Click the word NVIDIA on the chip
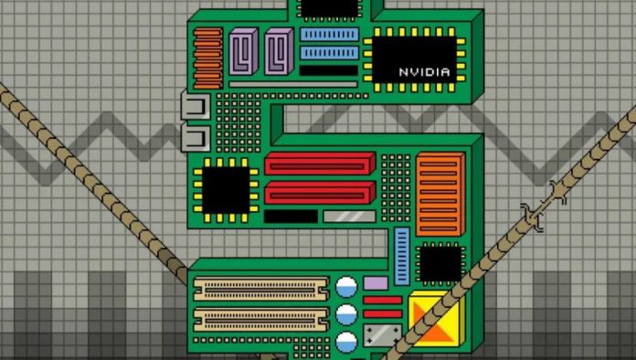point(424,72)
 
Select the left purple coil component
point(243,51)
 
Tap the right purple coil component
point(279,51)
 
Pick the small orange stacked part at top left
point(208,58)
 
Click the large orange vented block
point(440,195)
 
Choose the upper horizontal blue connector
point(329,35)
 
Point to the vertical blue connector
point(402,257)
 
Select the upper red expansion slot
point(320,164)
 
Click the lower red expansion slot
point(320,193)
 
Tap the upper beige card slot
point(261,289)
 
